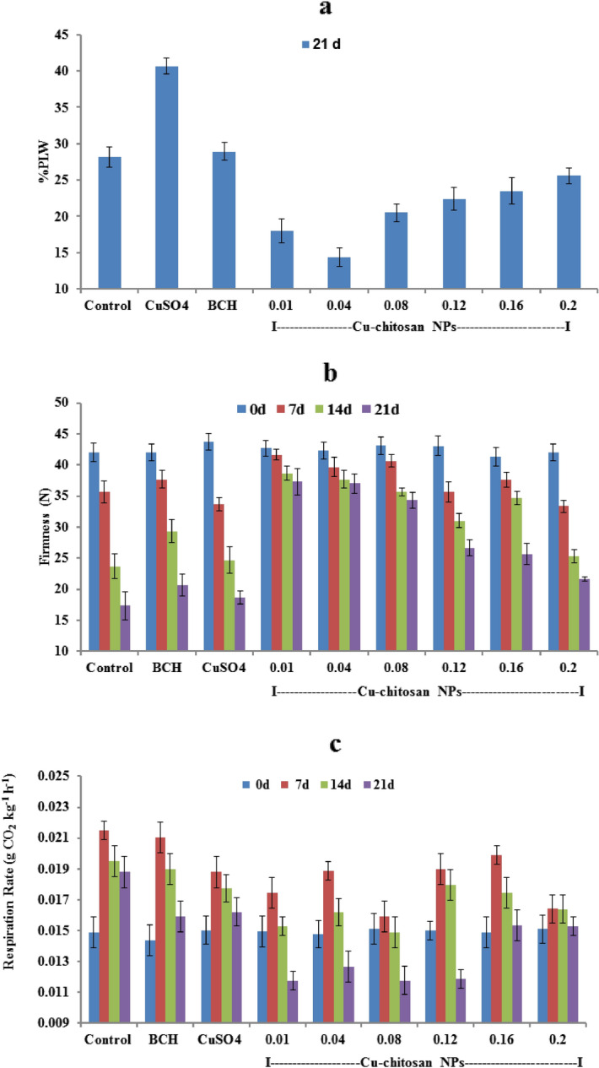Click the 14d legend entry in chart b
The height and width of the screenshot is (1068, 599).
pos(349,409)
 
